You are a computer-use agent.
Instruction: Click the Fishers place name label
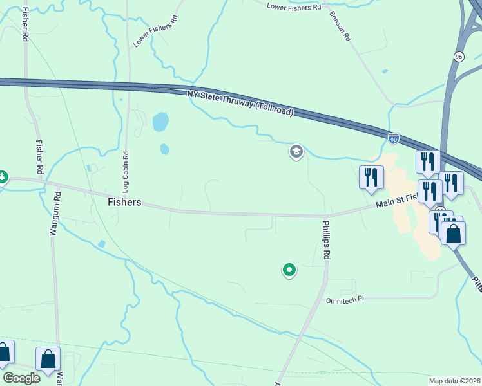[124, 202]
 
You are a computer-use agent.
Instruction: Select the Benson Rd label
[339, 26]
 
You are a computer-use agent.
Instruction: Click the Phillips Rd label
[327, 240]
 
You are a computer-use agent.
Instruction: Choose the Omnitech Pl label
[345, 299]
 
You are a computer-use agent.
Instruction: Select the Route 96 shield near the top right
[458, 57]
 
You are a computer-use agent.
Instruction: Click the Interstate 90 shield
[394, 138]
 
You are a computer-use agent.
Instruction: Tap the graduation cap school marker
[296, 152]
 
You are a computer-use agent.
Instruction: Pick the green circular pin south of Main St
[289, 270]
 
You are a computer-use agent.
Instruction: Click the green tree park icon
[3, 176]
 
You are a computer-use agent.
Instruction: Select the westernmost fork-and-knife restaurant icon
[371, 177]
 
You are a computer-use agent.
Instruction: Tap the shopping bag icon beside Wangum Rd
[48, 360]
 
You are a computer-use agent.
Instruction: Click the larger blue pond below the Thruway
[160, 121]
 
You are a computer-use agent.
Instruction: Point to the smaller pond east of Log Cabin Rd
[164, 149]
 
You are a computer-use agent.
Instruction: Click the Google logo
[21, 378]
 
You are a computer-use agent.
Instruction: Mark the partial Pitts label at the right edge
[476, 281]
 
